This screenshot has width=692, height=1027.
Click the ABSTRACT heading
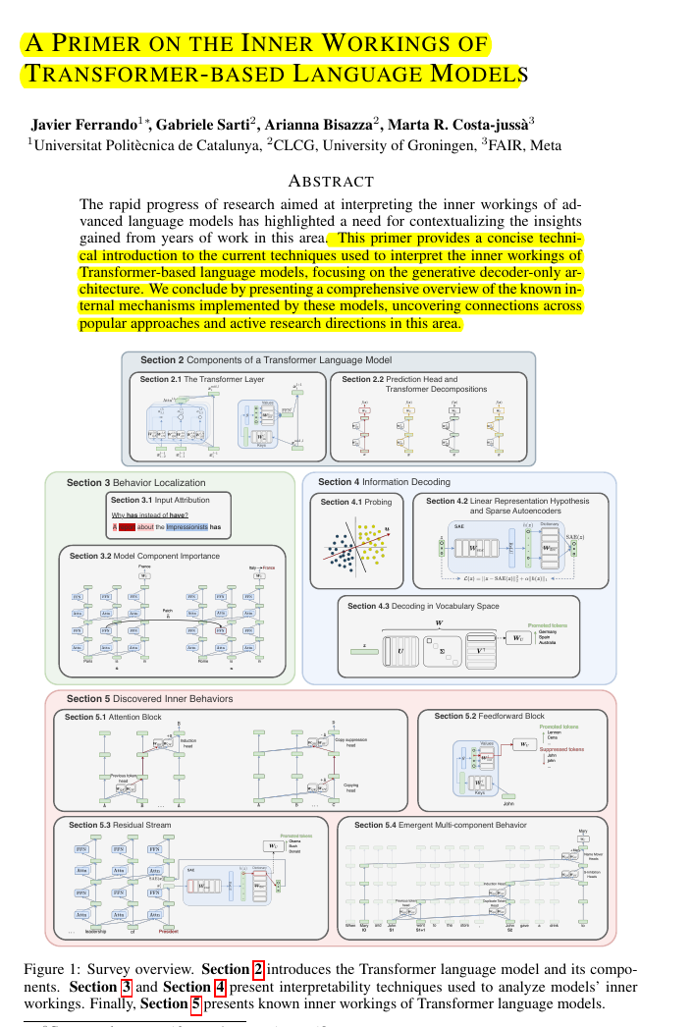coord(331,181)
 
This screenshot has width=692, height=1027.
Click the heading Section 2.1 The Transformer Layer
coord(198,379)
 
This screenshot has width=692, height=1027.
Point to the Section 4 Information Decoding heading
coord(384,482)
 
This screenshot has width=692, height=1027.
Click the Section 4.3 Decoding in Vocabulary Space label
coord(423,606)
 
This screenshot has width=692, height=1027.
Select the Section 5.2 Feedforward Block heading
coord(489,716)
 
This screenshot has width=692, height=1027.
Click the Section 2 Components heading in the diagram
coord(265,360)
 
